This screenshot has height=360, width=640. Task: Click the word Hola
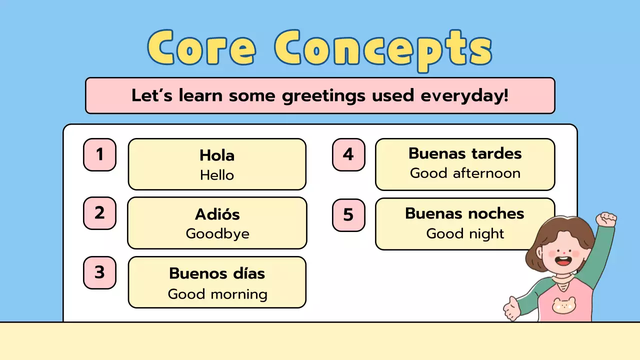[217, 155]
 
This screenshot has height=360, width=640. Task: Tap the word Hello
[217, 175]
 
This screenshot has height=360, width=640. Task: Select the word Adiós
[217, 214]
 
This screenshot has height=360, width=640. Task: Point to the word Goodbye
[217, 234]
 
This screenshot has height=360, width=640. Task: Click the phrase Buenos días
[217, 273]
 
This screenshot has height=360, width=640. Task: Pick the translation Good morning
[217, 294]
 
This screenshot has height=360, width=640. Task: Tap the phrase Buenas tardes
[465, 153]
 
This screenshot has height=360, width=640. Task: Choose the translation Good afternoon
[465, 173]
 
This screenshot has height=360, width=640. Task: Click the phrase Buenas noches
[465, 213]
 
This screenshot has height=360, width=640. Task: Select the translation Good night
[465, 233]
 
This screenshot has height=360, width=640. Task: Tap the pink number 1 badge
[99, 154]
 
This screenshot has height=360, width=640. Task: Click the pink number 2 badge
[99, 213]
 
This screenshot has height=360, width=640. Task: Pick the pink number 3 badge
[99, 272]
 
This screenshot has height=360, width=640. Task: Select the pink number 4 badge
[348, 154]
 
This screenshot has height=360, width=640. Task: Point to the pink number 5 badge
[348, 215]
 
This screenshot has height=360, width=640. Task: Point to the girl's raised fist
[607, 219]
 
